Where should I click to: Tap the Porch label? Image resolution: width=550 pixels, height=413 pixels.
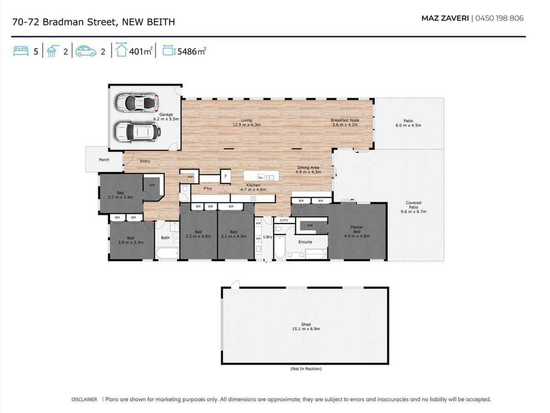click(x=104, y=160)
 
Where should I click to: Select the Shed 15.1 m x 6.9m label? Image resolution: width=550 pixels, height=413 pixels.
click(x=306, y=327)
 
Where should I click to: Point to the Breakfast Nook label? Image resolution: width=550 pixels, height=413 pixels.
click(x=345, y=122)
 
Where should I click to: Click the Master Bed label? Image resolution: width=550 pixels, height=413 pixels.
click(x=357, y=231)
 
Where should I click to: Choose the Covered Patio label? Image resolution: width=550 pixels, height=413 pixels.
click(x=413, y=207)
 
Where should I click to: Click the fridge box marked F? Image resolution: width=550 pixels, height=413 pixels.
click(x=225, y=176)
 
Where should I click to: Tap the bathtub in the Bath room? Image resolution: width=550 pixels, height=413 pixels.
click(x=167, y=253)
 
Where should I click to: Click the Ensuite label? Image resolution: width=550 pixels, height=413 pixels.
click(x=305, y=242)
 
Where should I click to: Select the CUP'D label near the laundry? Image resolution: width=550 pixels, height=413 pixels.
click(x=283, y=220)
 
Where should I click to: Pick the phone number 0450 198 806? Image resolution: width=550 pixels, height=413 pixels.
click(x=499, y=18)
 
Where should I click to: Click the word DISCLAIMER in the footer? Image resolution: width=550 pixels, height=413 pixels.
click(x=84, y=400)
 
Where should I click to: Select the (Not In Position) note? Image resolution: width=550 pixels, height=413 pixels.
click(x=306, y=369)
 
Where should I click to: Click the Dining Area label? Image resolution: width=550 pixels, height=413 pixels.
click(x=308, y=170)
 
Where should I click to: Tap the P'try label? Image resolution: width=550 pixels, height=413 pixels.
click(x=208, y=189)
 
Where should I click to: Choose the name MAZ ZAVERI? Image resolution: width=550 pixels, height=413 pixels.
click(x=445, y=18)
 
